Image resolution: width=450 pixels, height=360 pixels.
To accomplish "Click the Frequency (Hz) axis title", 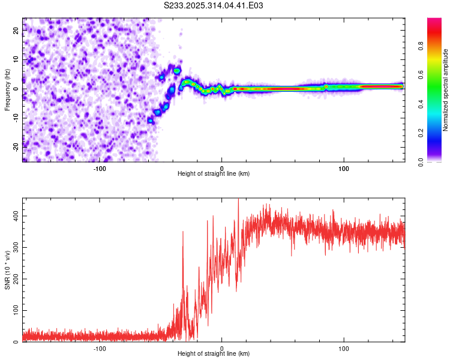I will [7, 90].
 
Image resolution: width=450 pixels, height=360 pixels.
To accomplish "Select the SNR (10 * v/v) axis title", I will [7, 270].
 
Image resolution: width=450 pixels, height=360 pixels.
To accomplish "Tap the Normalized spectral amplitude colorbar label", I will [446, 90].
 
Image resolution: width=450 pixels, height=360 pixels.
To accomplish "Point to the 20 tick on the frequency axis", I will [16, 31].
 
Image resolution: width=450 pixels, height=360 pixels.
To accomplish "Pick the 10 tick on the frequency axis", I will [16, 60].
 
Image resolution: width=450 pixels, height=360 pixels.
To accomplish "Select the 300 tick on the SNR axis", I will [14, 247].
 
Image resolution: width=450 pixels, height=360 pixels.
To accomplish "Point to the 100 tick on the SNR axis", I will [14, 310].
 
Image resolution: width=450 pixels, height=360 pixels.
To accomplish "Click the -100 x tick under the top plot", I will [100, 168].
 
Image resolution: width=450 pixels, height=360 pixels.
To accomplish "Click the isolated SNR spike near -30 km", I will [183, 233].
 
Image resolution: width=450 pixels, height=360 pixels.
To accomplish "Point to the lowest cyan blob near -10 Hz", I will [151, 121].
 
